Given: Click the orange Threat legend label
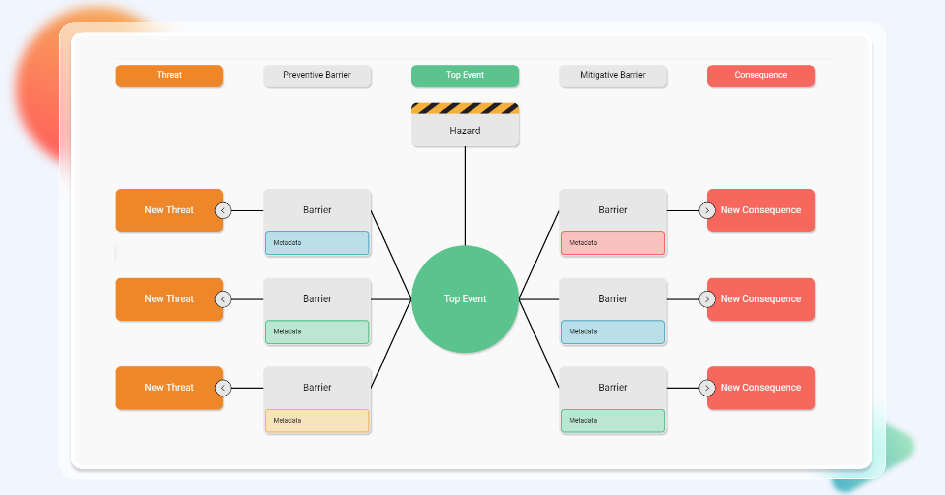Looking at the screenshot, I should (x=169, y=75).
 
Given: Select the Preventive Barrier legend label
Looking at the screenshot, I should (x=317, y=75).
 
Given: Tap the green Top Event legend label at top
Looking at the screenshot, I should (x=465, y=75).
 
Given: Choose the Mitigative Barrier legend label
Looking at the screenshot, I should (x=613, y=75).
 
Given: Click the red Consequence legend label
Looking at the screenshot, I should (x=760, y=75).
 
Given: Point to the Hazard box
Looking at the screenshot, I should (x=465, y=130).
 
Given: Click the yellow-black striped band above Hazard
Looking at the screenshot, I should (x=465, y=108).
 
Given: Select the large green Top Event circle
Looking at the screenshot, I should (x=465, y=299).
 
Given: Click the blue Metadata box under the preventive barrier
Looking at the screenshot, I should (x=317, y=243).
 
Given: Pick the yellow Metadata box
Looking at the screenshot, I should (x=317, y=421).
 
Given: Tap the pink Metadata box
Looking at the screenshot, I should (x=613, y=243).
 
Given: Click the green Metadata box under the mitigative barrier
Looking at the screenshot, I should (x=613, y=421).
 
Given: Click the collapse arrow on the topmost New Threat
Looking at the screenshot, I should (x=223, y=210).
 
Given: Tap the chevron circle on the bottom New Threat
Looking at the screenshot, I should (x=223, y=388).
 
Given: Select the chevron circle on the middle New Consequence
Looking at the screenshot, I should (x=707, y=299).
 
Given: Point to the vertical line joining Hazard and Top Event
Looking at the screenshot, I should (x=465, y=197).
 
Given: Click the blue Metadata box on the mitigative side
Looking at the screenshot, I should (x=613, y=332).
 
